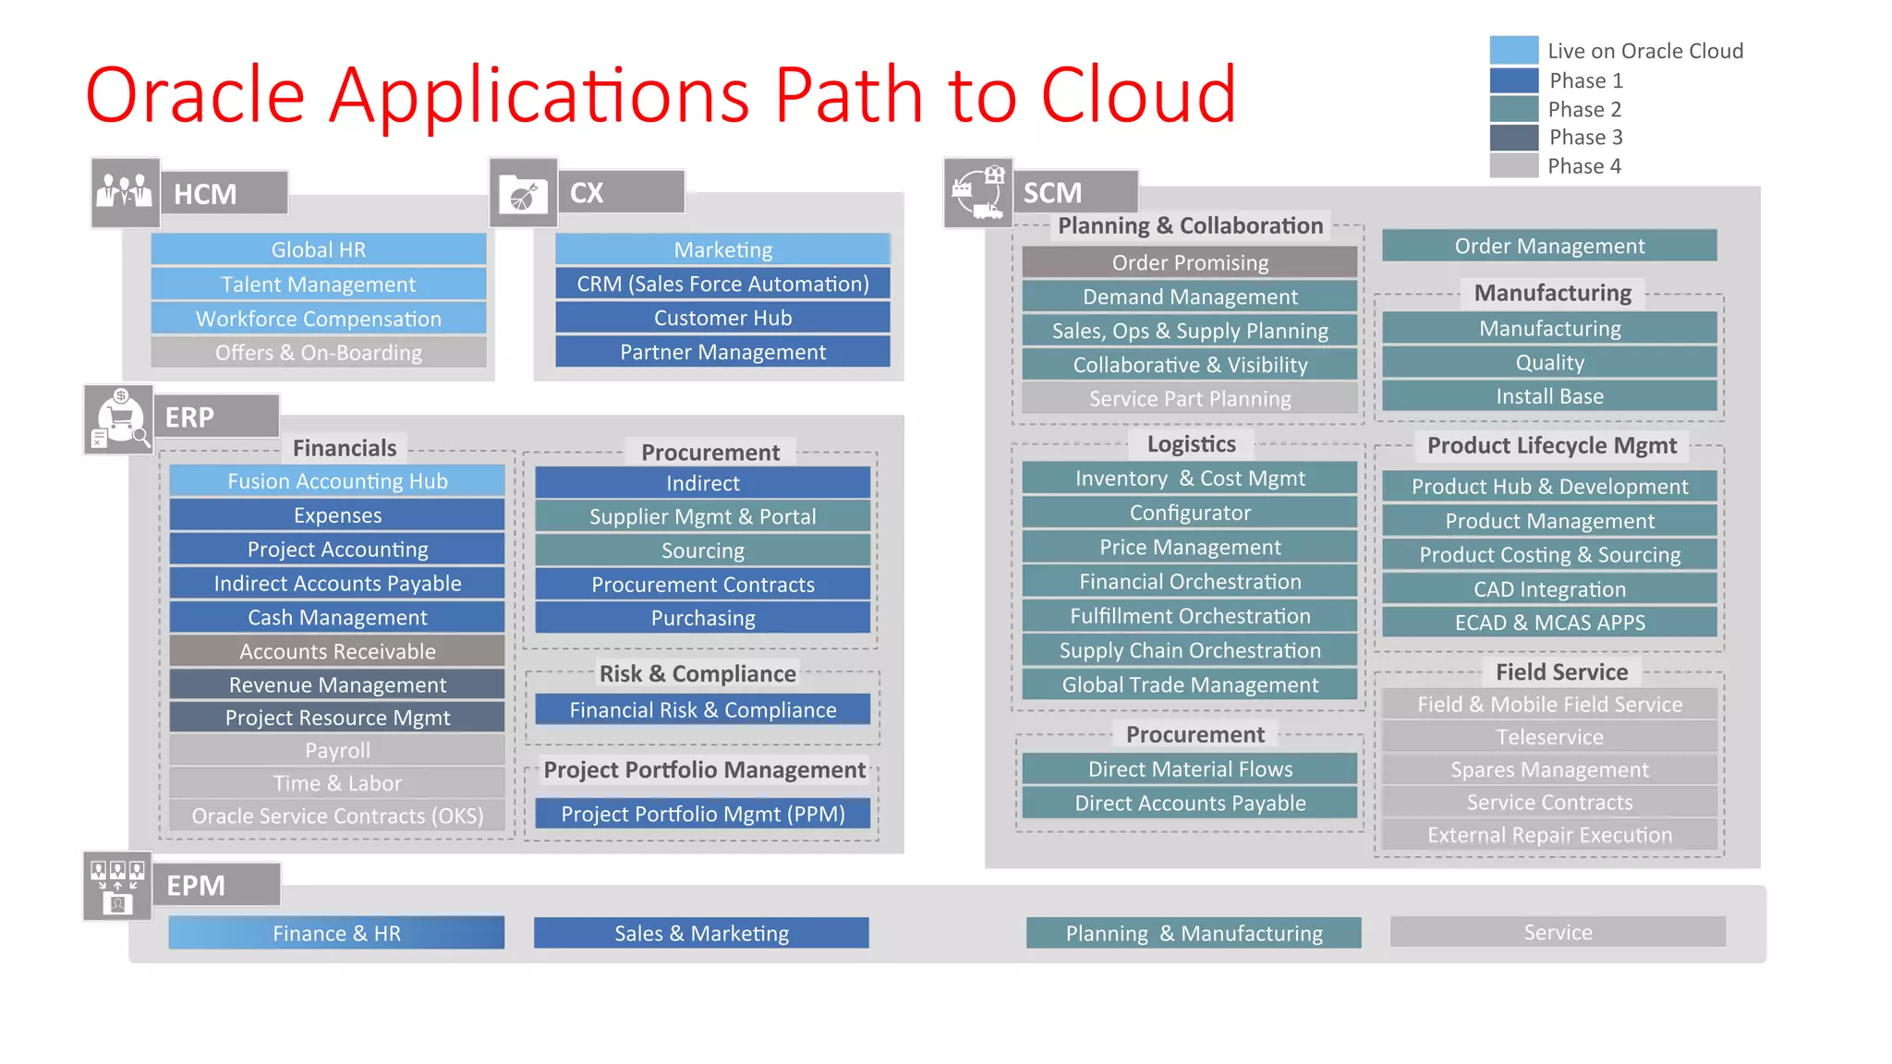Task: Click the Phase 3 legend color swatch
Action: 1513,138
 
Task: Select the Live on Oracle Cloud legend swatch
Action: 1513,51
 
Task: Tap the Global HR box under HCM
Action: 319,249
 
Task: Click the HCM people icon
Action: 125,192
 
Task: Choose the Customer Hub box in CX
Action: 722,318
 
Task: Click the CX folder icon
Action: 523,193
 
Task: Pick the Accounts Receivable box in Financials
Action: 337,651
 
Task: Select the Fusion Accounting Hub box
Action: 337,481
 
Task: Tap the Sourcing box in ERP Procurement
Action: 702,550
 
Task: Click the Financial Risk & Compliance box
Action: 702,709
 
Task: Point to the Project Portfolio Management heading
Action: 704,769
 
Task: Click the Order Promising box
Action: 1190,262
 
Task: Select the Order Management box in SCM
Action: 1549,246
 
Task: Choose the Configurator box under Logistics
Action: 1190,513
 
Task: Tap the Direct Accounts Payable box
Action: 1190,803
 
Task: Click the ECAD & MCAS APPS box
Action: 1549,623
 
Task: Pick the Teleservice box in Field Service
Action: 1549,737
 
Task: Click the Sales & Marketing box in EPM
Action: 701,933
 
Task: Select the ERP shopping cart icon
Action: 118,419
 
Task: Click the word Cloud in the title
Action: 1138,94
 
